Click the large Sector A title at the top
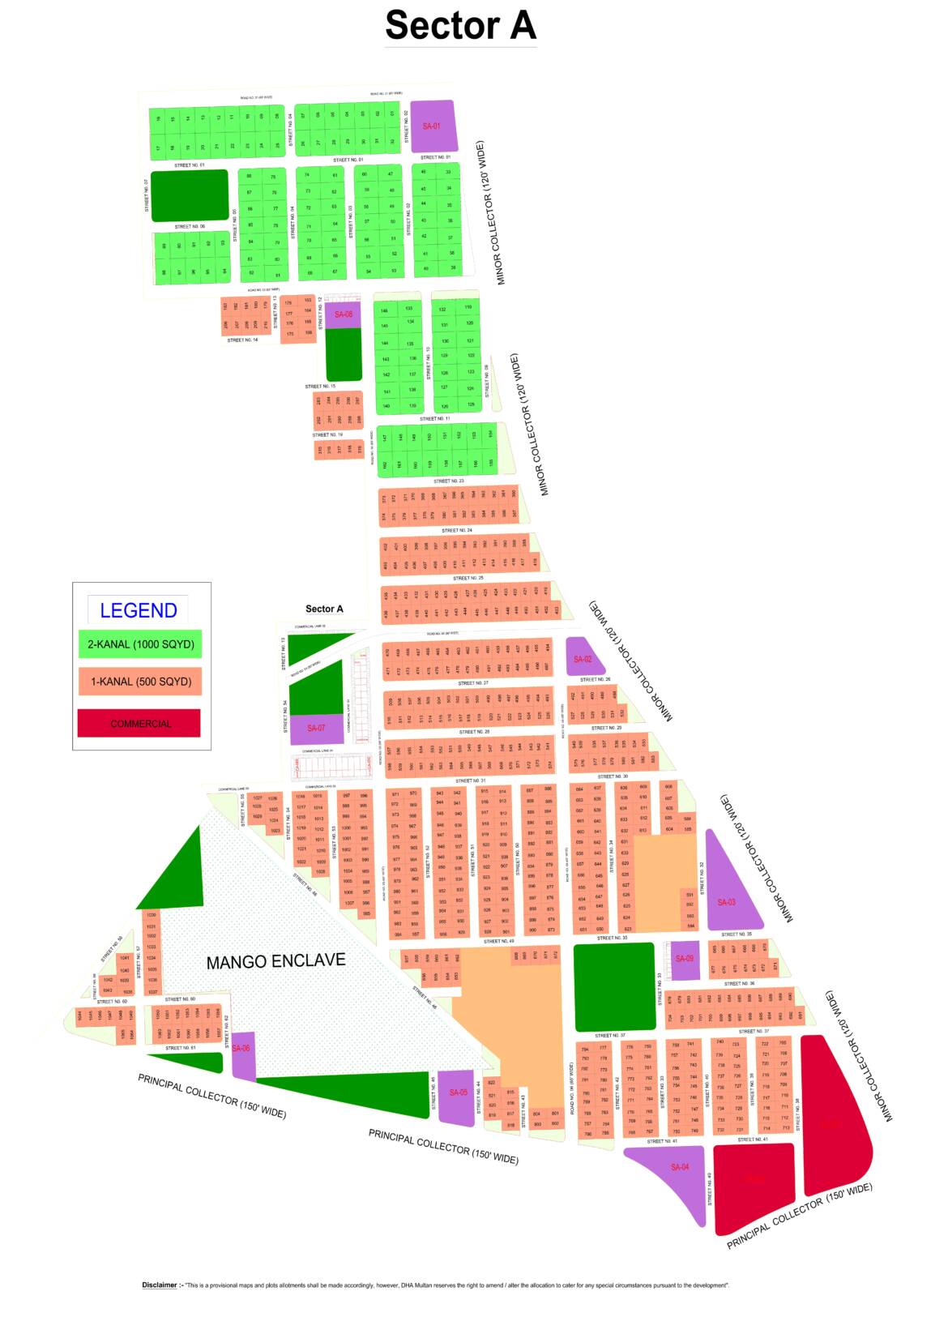pyautogui.click(x=460, y=25)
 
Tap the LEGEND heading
pyautogui.click(x=139, y=610)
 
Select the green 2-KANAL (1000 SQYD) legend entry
pyautogui.click(x=140, y=644)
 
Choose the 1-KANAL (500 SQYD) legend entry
pyautogui.click(x=140, y=682)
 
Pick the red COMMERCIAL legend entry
pyautogui.click(x=139, y=723)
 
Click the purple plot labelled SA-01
pyautogui.click(x=432, y=126)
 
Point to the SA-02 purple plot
pyautogui.click(x=583, y=658)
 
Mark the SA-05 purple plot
pyautogui.click(x=457, y=1095)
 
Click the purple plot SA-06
pyautogui.click(x=242, y=1054)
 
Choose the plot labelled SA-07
pyautogui.click(x=316, y=728)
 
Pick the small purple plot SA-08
pyautogui.click(x=344, y=314)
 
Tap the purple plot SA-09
pyautogui.click(x=685, y=959)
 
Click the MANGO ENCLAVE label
pyautogui.click(x=275, y=961)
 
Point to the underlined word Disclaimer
pyautogui.click(x=160, y=1285)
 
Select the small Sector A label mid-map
pyautogui.click(x=324, y=609)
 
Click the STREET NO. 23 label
pyautogui.click(x=449, y=481)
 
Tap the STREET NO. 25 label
pyautogui.click(x=468, y=578)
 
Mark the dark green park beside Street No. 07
pyautogui.click(x=190, y=195)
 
